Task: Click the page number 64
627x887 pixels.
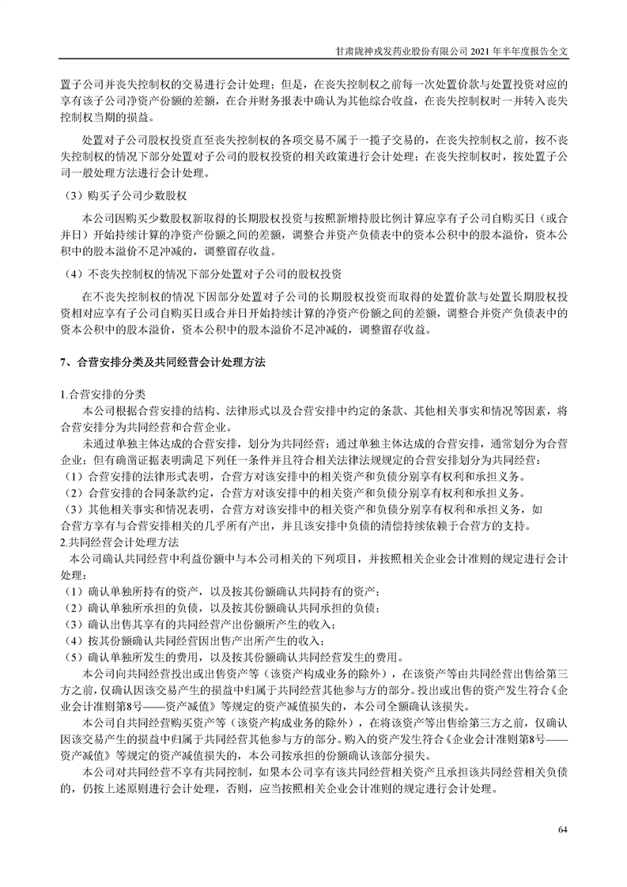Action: coord(563,829)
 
